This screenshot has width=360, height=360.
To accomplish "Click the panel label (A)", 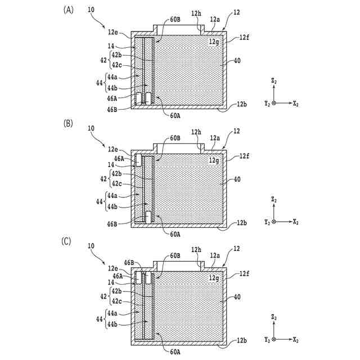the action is [x=69, y=10].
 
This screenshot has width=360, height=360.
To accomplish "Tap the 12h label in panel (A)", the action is [x=195, y=13].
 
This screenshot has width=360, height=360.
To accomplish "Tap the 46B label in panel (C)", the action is [x=129, y=263].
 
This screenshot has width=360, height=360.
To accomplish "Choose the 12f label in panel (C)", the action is [x=244, y=273].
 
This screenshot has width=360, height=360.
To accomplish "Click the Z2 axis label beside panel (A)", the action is [x=274, y=82].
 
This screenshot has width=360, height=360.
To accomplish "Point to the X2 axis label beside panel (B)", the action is [x=296, y=222].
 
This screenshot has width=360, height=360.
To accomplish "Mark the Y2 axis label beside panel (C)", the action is [x=267, y=340].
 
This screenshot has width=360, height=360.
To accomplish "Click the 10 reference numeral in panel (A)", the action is [x=92, y=10].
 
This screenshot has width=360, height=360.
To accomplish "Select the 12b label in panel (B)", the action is [x=242, y=223].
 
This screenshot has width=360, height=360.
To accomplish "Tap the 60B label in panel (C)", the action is [x=175, y=256].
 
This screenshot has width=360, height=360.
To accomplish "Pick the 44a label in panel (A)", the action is [x=112, y=76].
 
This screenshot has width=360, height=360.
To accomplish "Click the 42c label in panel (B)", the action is [x=116, y=183].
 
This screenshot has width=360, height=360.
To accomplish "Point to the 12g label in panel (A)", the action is [x=214, y=42].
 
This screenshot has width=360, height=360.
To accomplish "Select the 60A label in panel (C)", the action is [x=175, y=352].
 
